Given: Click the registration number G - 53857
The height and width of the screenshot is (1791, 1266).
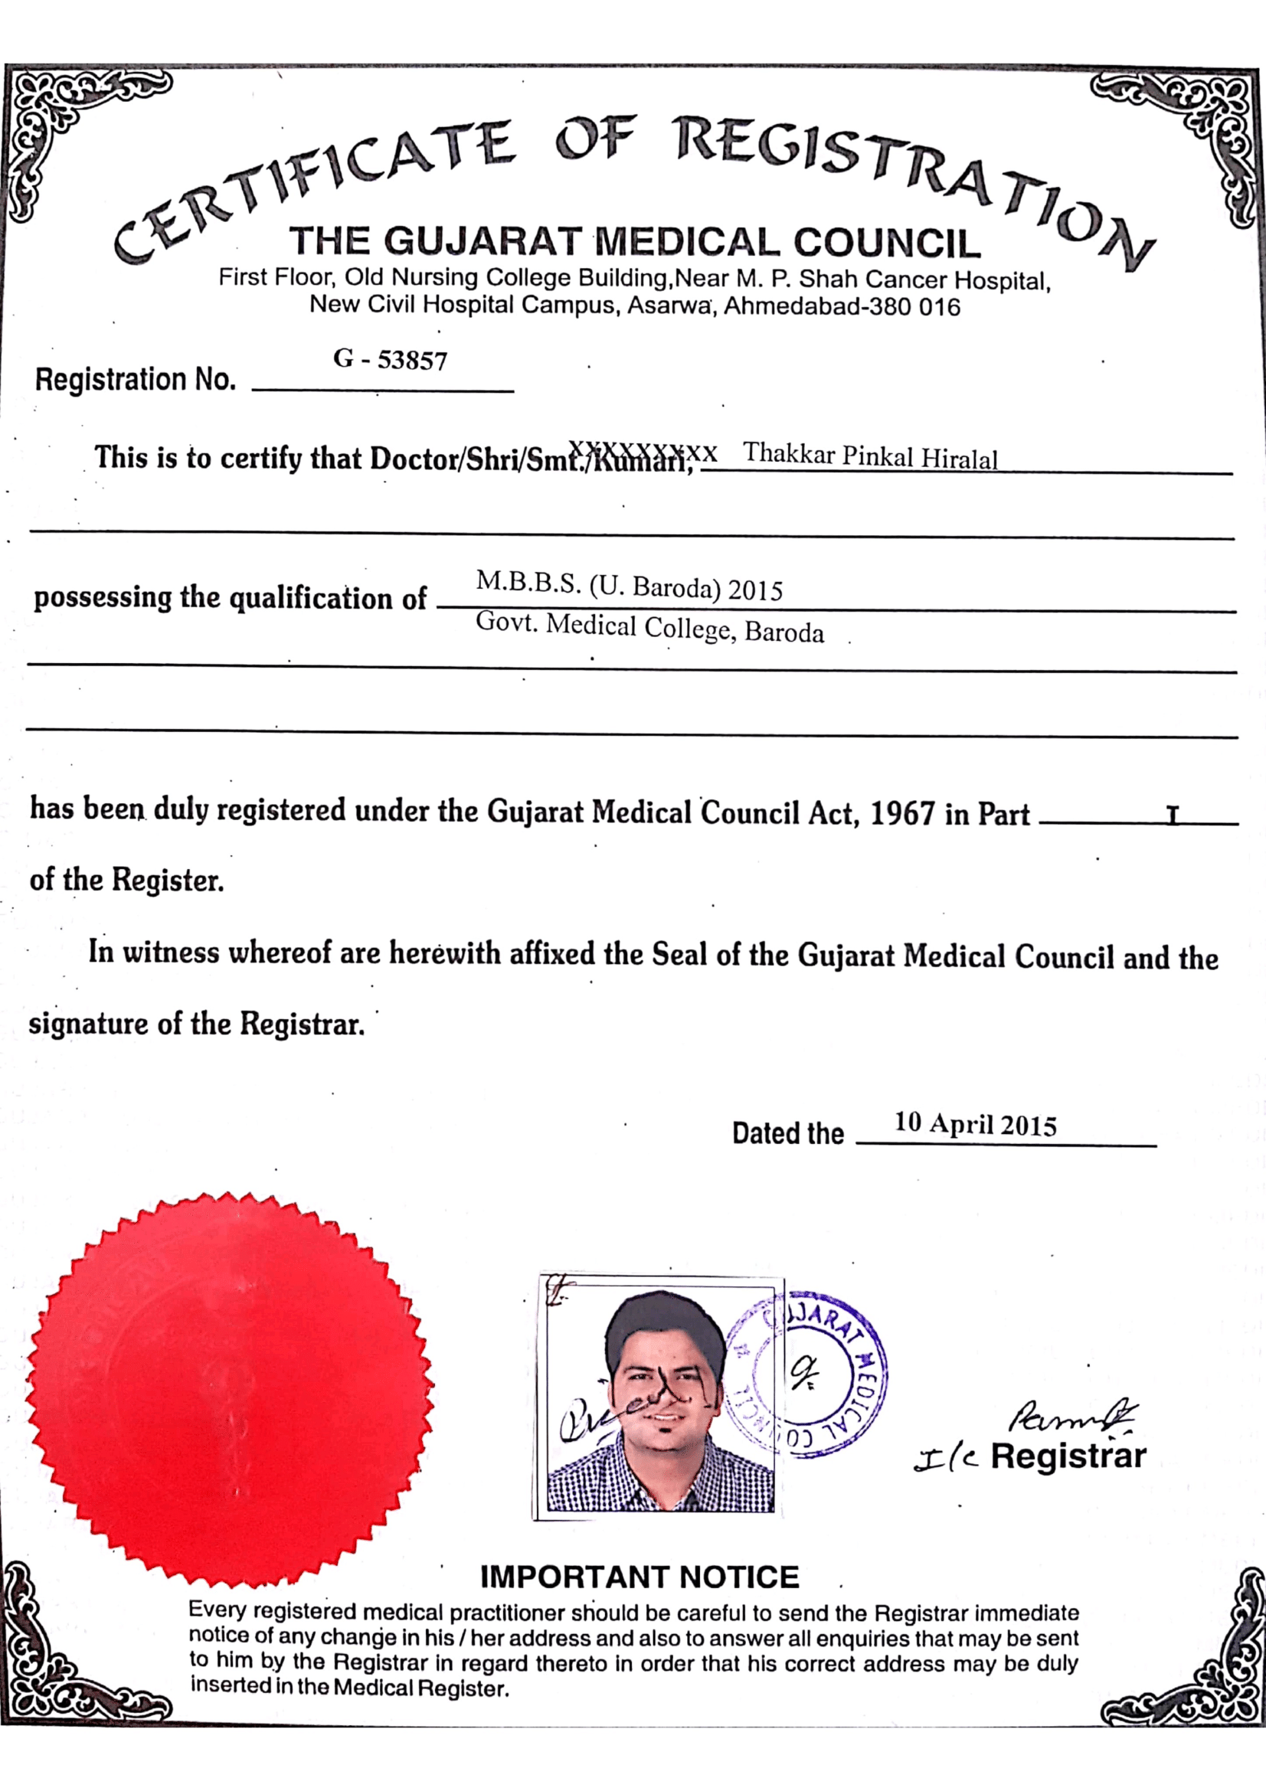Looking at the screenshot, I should (390, 360).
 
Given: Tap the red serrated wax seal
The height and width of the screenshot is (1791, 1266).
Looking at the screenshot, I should (230, 1389).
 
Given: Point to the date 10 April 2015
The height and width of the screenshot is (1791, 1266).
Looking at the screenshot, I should (975, 1124).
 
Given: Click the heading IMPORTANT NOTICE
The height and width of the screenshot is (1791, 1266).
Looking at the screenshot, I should (640, 1577).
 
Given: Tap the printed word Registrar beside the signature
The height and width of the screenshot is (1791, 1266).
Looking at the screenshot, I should (1068, 1456).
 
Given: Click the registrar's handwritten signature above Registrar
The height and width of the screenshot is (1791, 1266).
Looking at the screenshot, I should (1072, 1415).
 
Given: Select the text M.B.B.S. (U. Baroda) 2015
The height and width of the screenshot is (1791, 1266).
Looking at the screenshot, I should (629, 586).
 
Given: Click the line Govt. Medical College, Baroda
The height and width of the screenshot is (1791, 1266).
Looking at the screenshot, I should (649, 628).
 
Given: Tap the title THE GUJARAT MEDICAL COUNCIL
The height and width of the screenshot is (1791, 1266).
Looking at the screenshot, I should (635, 241).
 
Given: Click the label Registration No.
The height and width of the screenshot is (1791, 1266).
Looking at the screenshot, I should (136, 379).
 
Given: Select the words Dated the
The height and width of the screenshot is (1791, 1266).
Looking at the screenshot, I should (788, 1132).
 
